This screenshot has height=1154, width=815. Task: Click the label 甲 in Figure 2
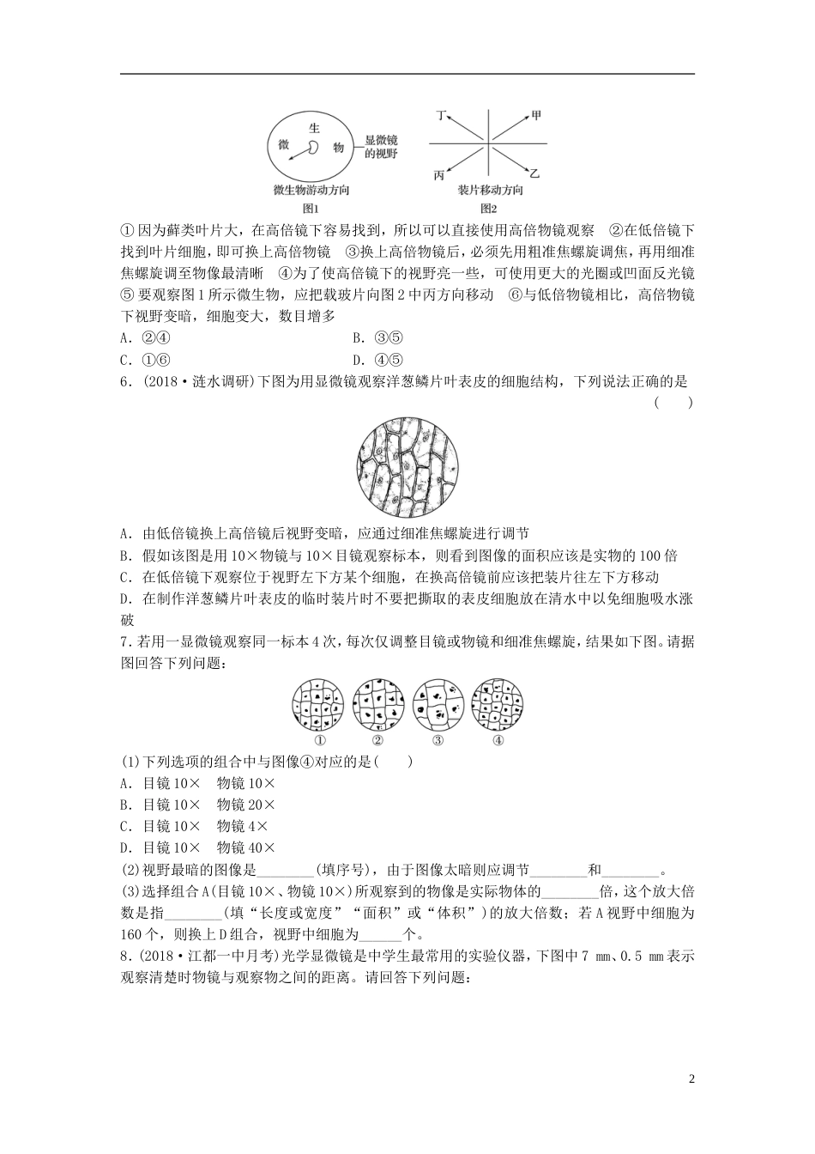[x=537, y=114]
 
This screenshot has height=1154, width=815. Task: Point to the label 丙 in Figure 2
[x=439, y=174]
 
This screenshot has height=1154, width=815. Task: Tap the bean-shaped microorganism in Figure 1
[x=313, y=147]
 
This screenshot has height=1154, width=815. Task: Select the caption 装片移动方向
[x=490, y=191]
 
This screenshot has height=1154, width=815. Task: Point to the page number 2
[x=691, y=1078]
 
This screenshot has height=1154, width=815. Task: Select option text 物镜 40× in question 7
[x=246, y=847]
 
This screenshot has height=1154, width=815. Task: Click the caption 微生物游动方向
[x=311, y=191]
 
